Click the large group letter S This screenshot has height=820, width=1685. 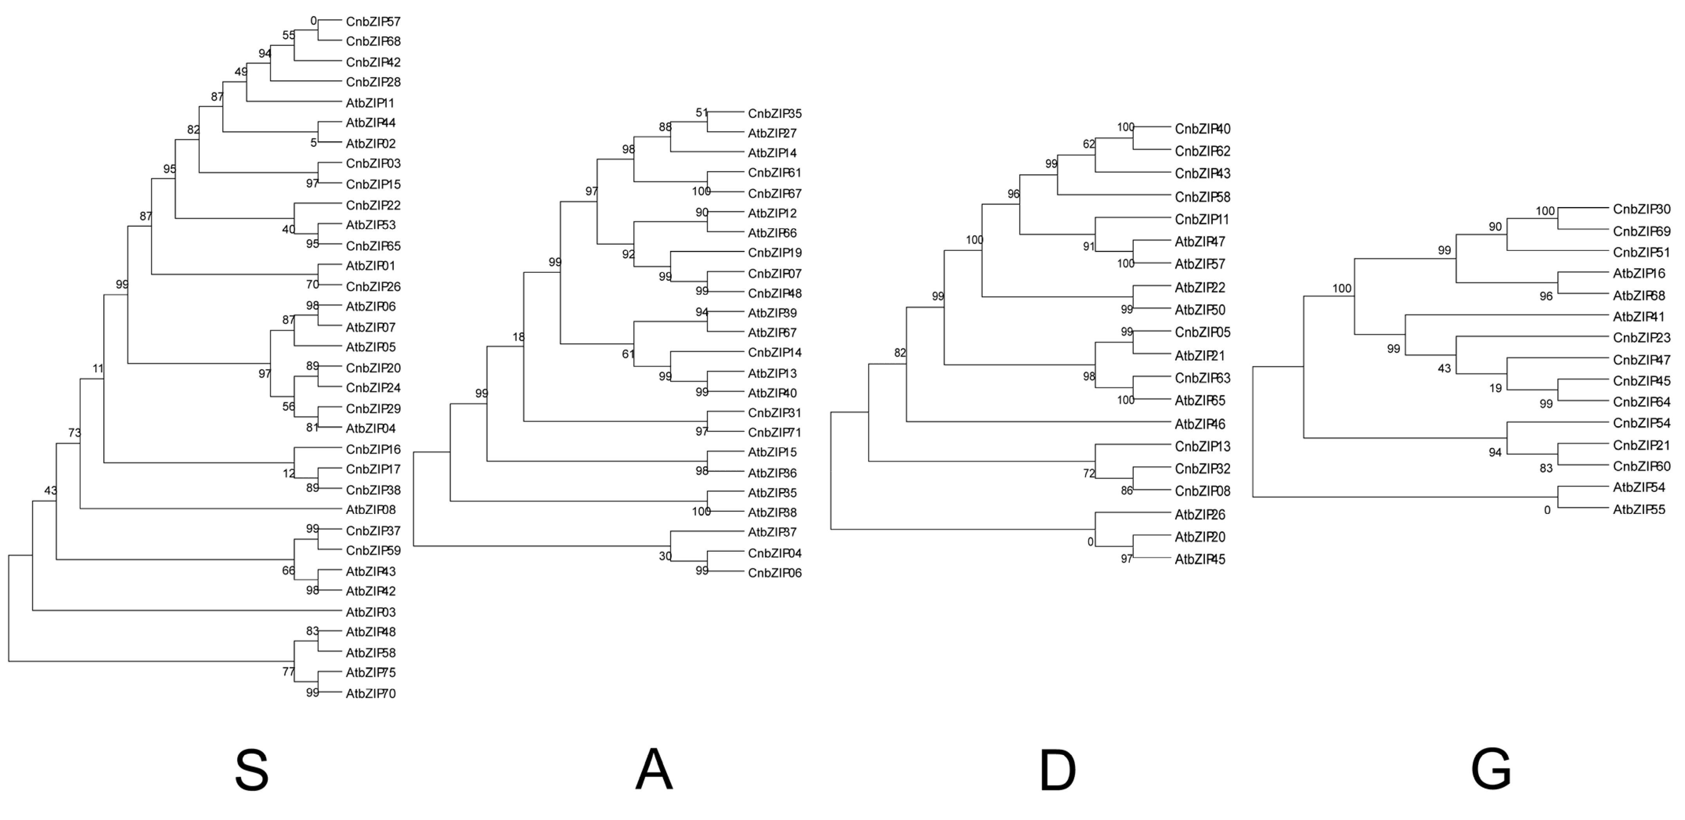pos(252,770)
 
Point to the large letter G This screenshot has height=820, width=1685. pos(1491,770)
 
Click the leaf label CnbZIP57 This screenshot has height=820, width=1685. pos(373,22)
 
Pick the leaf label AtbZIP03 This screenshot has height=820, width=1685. pos(370,613)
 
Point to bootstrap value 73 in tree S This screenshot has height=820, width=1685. pos(74,433)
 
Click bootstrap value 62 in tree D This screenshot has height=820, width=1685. pos(1088,144)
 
